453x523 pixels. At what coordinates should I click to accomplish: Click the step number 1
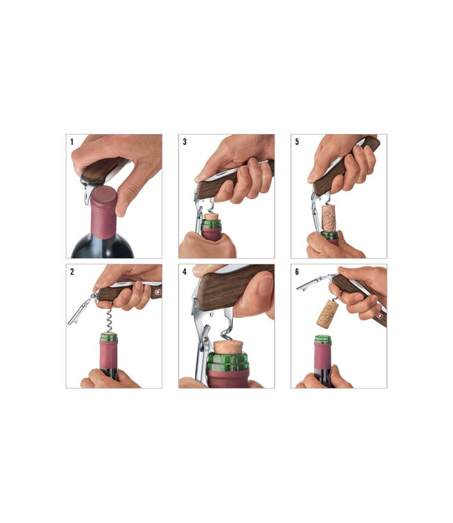[72, 142]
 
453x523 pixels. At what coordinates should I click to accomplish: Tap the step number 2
[72, 271]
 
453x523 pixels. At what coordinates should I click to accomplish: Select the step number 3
[185, 142]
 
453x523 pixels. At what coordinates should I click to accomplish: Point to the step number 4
[185, 271]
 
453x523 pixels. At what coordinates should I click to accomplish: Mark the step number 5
[297, 142]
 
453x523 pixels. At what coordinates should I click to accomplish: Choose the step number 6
[297, 271]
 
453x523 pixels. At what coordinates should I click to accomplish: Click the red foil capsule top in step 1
[102, 197]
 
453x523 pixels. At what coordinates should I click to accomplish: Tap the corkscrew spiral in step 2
[107, 318]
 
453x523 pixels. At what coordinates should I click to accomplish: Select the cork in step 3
[211, 217]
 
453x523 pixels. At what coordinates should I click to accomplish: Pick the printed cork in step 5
[329, 218]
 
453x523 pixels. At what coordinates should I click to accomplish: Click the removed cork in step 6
[328, 314]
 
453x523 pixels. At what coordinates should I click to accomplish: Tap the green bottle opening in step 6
[322, 340]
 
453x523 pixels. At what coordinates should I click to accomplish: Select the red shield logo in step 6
[381, 315]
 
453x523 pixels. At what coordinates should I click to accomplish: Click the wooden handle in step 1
[102, 168]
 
